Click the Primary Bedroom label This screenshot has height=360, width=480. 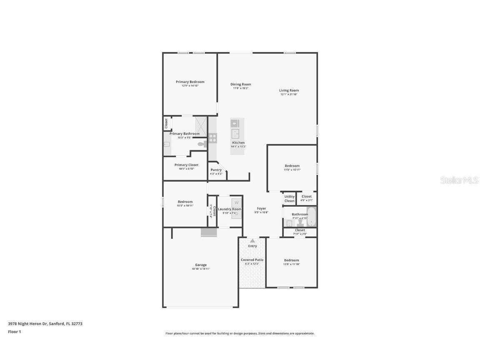tap(190, 82)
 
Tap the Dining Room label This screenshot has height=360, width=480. tap(241, 85)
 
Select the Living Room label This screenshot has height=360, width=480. tap(289, 90)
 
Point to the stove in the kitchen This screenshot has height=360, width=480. tap(212, 138)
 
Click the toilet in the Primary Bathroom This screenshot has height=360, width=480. tap(202, 144)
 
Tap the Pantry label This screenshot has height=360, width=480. tap(216, 170)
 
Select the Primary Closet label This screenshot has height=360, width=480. tap(186, 165)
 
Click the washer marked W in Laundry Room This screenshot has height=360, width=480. tap(236, 202)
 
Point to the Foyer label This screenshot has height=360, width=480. tap(261, 209)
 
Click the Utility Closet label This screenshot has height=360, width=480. tap(290, 199)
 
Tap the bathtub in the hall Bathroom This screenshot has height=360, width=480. tap(312, 217)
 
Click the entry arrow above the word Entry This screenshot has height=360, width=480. tap(252, 241)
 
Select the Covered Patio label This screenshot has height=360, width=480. tap(252, 260)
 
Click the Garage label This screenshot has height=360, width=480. tap(201, 265)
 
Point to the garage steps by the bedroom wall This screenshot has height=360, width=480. tap(209, 232)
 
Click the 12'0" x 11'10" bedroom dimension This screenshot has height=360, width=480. tap(292, 264)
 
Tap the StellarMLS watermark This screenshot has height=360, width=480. tap(459, 180)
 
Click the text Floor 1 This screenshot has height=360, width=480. tap(14, 332)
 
